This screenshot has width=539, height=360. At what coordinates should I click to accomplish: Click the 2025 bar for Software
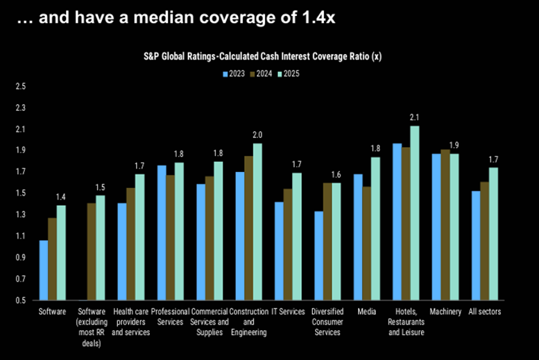tap(62, 253)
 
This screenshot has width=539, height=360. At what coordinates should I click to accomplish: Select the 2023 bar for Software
tap(44, 271)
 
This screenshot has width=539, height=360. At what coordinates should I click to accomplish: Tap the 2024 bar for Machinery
tap(445, 225)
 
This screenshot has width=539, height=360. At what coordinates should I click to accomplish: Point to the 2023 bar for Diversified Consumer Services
tap(318, 256)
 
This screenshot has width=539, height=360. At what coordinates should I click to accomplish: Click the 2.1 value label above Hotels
tap(415, 117)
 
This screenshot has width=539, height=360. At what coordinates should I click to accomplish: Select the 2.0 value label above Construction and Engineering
tap(257, 135)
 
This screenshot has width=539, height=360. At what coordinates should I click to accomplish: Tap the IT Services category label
tap(288, 312)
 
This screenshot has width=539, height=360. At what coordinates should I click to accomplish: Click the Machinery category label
tap(445, 312)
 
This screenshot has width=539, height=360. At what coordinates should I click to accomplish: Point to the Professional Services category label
tap(171, 317)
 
